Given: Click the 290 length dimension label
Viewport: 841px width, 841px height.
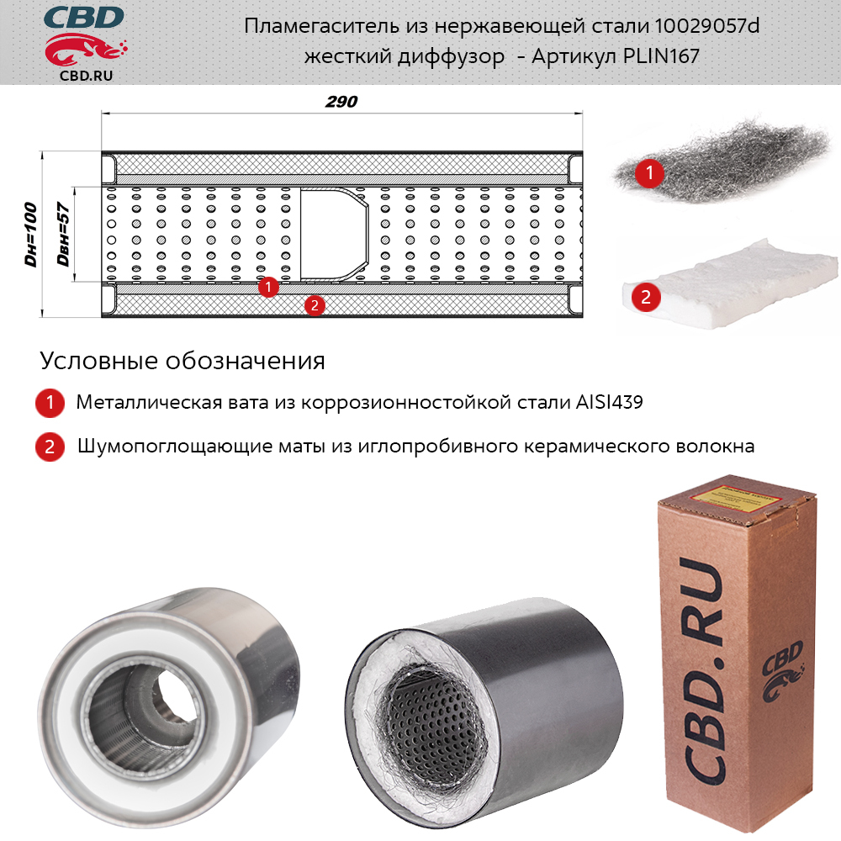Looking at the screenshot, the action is pos(341,102).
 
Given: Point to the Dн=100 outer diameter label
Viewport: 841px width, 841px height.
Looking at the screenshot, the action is pos(31,235).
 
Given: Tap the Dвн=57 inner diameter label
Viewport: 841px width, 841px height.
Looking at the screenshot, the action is pos(63,235).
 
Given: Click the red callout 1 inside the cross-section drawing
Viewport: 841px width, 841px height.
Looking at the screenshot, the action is pos(268,287).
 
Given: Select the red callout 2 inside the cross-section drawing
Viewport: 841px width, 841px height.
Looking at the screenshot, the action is pos(315,306).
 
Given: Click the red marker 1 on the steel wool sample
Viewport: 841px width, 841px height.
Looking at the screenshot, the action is pos(649,172).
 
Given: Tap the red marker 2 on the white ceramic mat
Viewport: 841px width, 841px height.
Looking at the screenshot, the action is pos(646,297).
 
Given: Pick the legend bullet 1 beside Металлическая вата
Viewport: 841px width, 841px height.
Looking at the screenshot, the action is pos(50,403).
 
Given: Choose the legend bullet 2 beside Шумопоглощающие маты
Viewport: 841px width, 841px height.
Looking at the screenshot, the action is pos(50,447).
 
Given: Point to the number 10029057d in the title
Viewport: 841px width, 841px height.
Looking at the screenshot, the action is pos(707,26).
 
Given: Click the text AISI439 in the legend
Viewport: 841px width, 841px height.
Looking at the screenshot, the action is pos(609,402).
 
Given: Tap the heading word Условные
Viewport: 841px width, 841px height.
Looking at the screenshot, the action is pos(99,361).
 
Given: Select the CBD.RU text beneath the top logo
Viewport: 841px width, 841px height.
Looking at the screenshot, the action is pos(87,76).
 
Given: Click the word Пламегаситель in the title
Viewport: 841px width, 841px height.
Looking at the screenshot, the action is pos(321,26).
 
